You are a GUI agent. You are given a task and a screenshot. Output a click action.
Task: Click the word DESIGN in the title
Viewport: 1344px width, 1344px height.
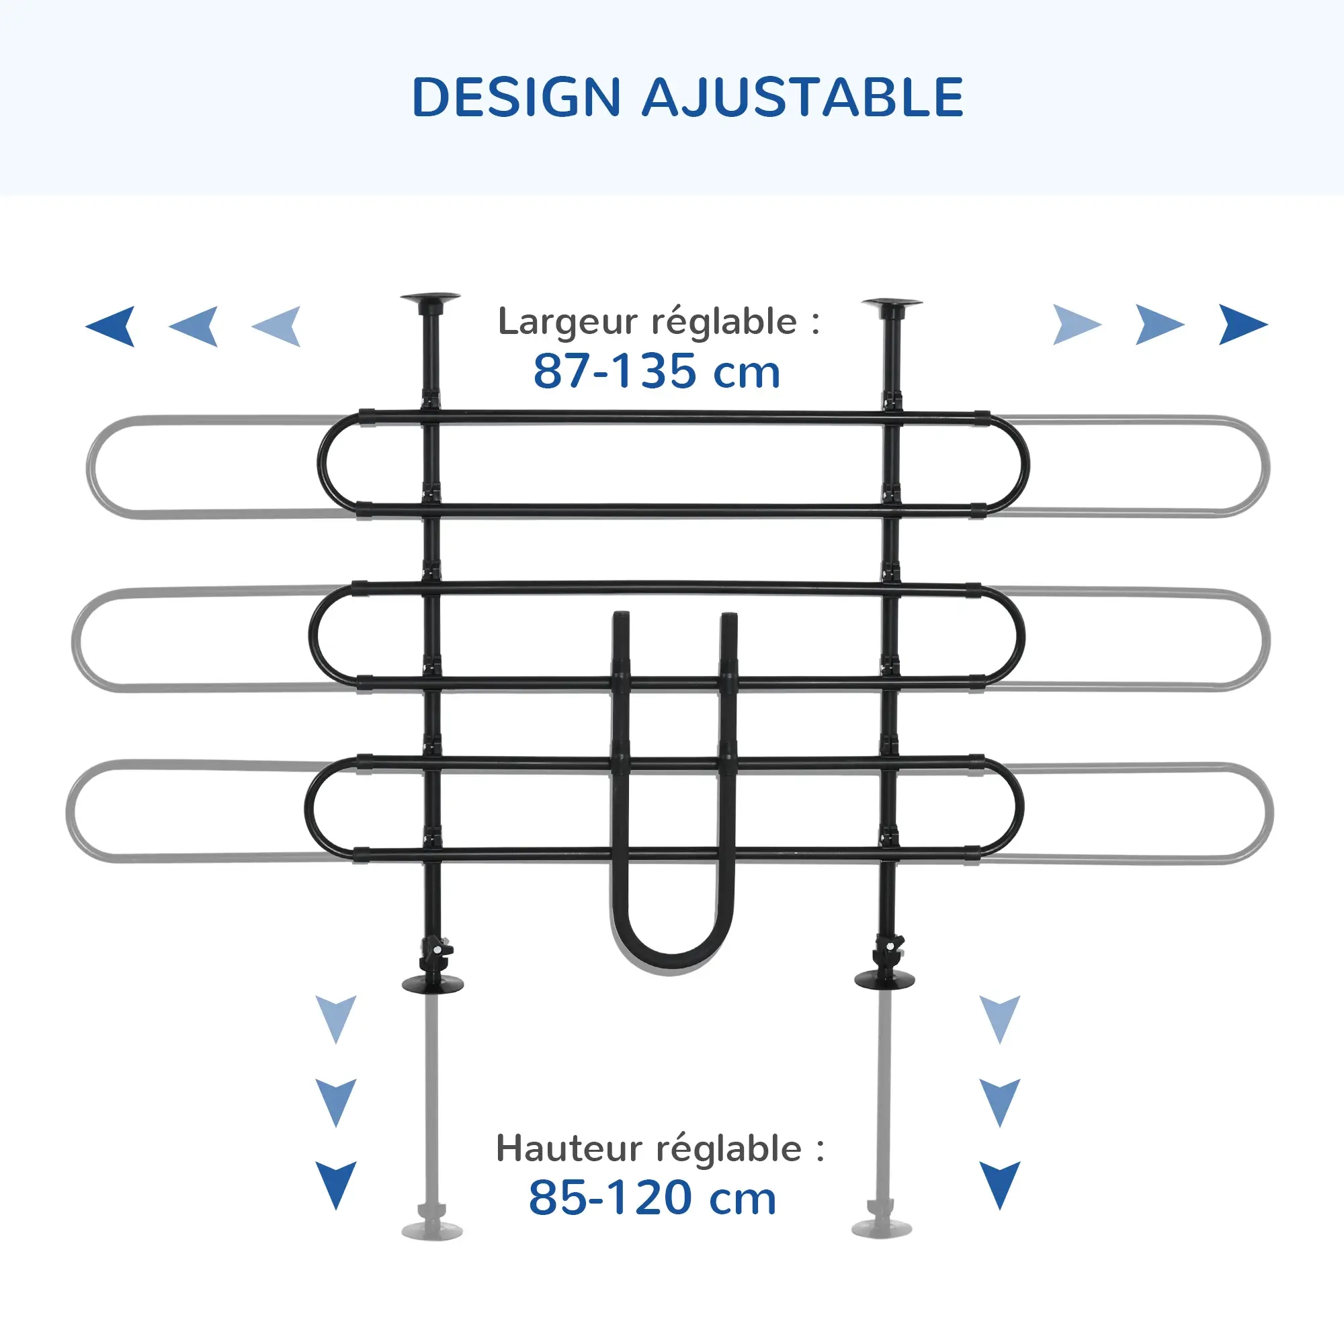click(x=516, y=97)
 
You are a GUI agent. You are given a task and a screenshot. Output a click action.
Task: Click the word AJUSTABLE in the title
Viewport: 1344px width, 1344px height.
click(x=802, y=97)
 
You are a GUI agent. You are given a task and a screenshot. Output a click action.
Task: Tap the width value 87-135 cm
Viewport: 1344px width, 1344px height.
click(x=657, y=372)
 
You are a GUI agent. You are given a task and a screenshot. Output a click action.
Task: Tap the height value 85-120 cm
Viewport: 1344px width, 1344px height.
click(x=653, y=1198)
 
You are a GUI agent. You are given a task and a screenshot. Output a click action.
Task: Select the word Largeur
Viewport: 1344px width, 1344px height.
click(x=568, y=321)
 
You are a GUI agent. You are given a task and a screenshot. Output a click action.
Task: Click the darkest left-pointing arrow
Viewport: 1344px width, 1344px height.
click(x=113, y=325)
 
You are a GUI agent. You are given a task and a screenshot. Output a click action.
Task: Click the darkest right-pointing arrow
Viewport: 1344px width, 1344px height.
click(x=1241, y=325)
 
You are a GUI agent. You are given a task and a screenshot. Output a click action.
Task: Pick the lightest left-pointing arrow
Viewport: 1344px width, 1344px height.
click(x=278, y=325)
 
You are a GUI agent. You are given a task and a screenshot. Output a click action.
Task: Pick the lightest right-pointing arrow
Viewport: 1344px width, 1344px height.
click(x=1075, y=325)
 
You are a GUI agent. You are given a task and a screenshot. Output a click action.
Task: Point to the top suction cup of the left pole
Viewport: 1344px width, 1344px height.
click(x=430, y=299)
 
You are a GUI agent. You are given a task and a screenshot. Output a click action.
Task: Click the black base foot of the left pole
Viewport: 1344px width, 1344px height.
click(x=433, y=984)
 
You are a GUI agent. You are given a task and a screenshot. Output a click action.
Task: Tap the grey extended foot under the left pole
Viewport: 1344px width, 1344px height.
click(x=432, y=1230)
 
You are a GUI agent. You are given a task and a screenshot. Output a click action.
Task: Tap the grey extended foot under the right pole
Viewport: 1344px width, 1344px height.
click(x=882, y=1228)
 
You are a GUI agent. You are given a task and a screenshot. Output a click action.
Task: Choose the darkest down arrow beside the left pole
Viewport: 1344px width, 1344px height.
click(x=336, y=1184)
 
